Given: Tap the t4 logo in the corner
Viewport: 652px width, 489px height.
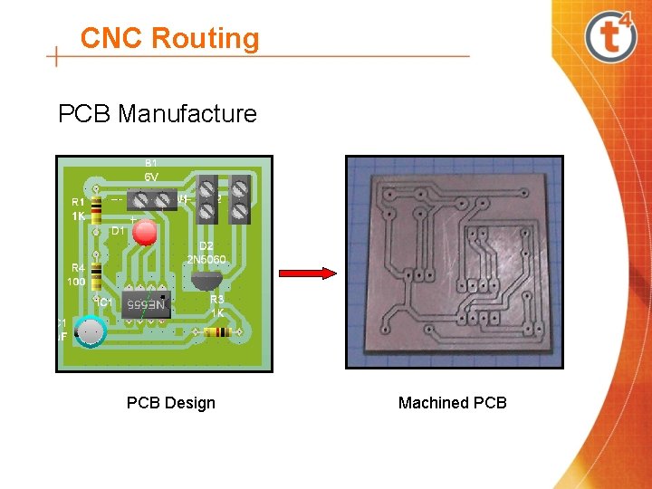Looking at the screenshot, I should click(610, 36).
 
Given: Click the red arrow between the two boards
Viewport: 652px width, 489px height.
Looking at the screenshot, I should click(307, 273).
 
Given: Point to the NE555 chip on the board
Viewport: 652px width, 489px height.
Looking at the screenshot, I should click(146, 304).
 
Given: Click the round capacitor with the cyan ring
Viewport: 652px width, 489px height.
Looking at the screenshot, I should click(91, 333).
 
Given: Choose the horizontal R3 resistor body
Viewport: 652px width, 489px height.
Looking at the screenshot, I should click(217, 332).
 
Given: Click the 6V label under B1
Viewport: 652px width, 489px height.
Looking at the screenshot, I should click(151, 177).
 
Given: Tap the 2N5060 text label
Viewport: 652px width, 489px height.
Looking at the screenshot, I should click(206, 259).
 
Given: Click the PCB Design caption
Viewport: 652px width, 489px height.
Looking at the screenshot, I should click(171, 403).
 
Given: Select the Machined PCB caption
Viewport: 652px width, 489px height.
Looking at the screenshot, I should click(453, 403).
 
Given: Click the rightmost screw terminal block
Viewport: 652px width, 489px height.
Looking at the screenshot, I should click(240, 199).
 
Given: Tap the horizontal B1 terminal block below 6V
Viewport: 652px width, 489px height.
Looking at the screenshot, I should click(151, 199).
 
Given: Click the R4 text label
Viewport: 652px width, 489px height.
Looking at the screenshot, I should click(78, 267).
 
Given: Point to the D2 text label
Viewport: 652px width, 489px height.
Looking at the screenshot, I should click(206, 246).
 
